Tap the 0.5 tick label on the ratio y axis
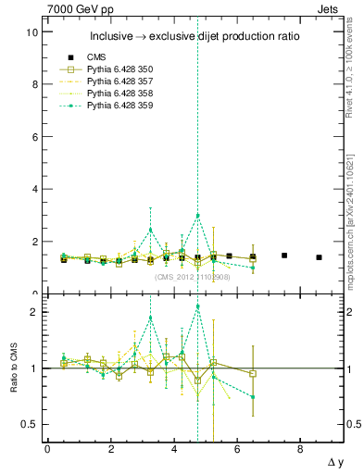(x=31, y=424)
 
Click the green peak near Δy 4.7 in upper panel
(x=198, y=216)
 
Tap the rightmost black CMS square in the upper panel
(x=319, y=257)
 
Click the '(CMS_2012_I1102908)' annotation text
(x=192, y=277)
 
